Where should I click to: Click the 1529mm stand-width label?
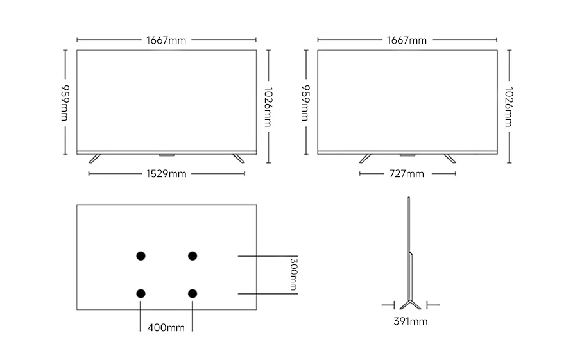coord(166,174)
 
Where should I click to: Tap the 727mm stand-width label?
coord(406,174)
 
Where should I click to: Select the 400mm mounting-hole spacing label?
coord(166,328)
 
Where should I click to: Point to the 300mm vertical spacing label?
coord(293,275)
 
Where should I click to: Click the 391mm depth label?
coord(410,321)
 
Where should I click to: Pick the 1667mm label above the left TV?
coord(166,40)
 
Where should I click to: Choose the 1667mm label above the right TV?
coord(406,40)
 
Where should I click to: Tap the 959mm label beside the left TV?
coord(65,103)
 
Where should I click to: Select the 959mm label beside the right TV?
coord(305,103)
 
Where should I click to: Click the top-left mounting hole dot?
coord(141,256)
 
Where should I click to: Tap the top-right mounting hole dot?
coord(193,256)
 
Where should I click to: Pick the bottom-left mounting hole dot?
coord(141,293)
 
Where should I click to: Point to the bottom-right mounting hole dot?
coord(193,293)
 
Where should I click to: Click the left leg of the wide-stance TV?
coord(94,159)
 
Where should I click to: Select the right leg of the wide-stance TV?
coord(238,159)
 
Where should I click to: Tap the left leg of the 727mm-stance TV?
coord(365,159)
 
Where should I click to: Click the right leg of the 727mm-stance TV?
coord(449,159)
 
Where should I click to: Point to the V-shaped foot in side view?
coord(410,304)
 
